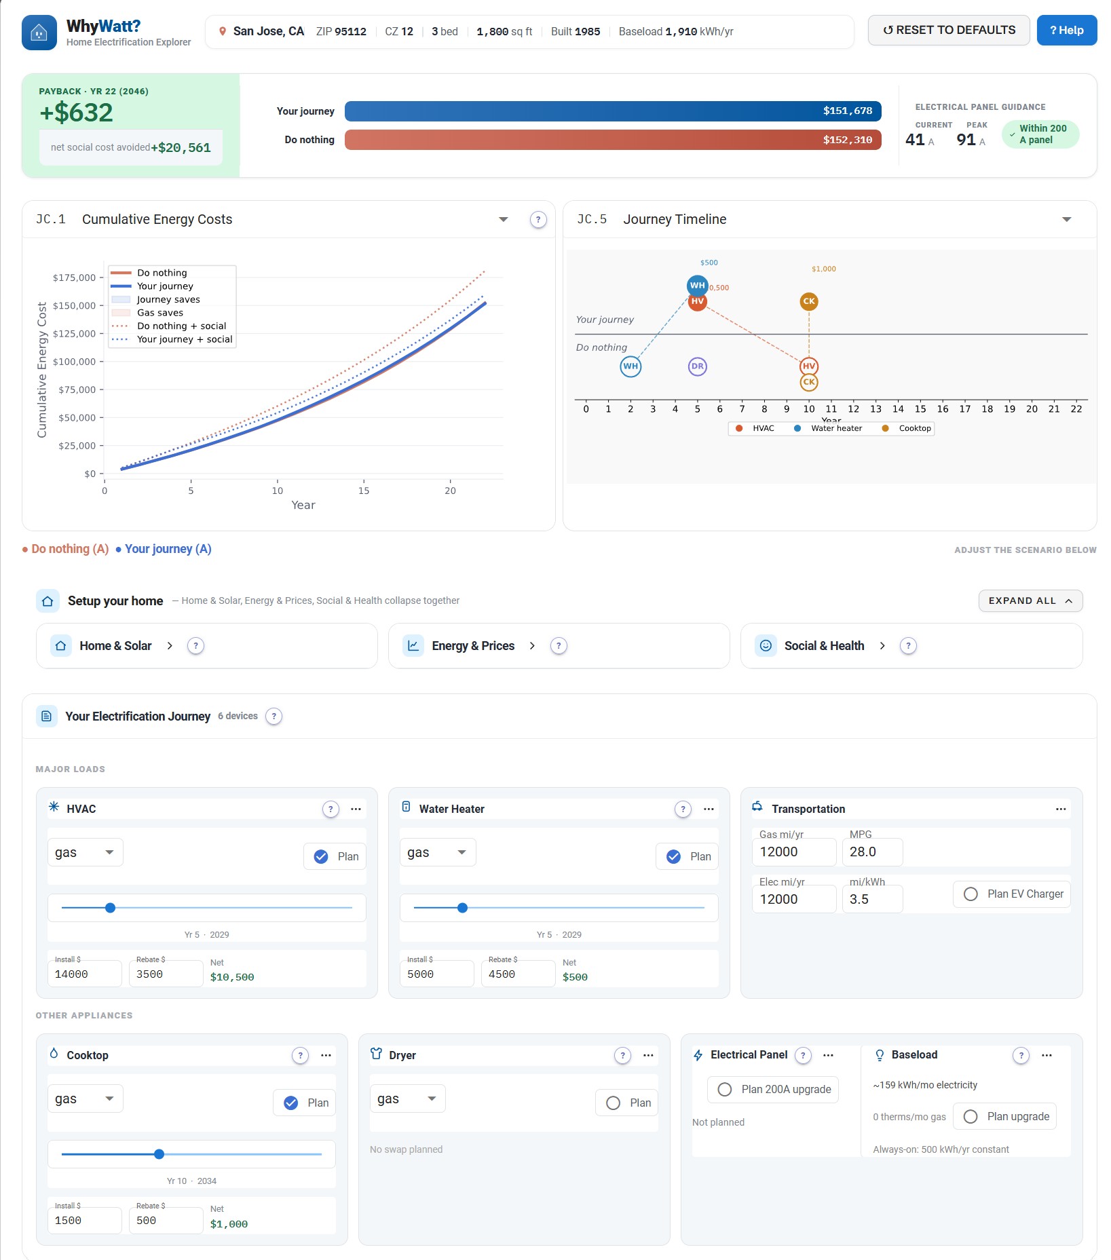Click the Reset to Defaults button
pos(948,31)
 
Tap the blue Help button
pos(1066,31)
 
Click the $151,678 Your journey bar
pos(613,111)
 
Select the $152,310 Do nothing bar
pos(613,140)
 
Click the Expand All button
pos(1030,600)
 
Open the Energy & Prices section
pos(473,646)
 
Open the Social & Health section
pos(824,646)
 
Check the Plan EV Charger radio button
pos(971,894)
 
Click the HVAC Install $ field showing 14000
pos(85,974)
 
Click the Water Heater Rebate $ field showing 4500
pos(518,974)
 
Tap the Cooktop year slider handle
pos(159,1154)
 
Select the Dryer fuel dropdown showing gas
pos(407,1099)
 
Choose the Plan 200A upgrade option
pos(773,1089)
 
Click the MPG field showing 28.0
pos(872,852)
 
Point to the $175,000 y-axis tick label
pos(74,278)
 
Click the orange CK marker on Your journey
pos(809,301)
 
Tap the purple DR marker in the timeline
pos(698,366)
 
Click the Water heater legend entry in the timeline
pos(828,428)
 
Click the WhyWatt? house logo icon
pos(39,32)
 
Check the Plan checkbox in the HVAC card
pos(321,856)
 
